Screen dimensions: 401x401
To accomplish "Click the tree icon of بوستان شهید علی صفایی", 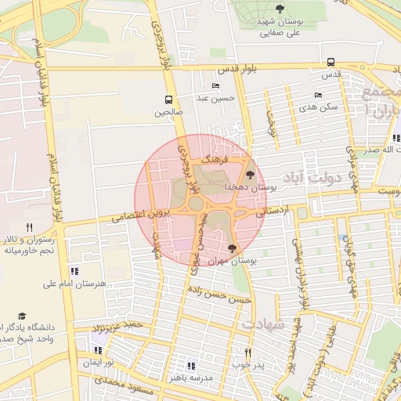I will [280, 8].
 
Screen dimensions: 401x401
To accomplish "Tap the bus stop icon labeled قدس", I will [331, 62].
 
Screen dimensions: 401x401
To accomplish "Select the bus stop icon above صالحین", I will [168, 99].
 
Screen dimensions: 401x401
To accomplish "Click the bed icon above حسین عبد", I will [215, 85].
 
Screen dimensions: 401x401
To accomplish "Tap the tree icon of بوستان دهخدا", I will [250, 175].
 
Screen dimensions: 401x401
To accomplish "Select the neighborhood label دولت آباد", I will [309, 173].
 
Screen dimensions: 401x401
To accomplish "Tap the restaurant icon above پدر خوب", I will [248, 352].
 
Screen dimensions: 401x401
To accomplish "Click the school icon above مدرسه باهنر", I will [191, 365].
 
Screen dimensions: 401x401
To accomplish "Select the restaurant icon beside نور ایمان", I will [98, 351].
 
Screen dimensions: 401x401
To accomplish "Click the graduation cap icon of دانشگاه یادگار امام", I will [22, 315].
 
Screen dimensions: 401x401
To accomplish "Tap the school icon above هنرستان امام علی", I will [74, 270].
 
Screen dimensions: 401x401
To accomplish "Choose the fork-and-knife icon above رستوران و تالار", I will [29, 227].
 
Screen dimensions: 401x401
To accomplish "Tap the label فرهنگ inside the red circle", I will [213, 159].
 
